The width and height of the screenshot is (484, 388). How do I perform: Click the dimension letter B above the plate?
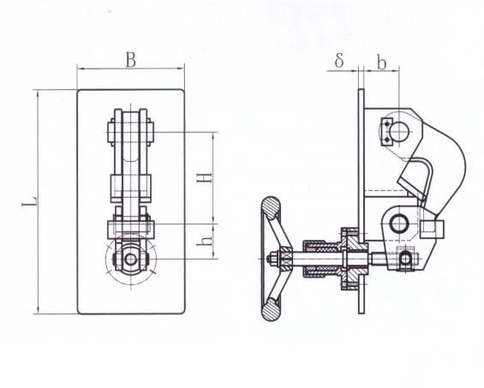[131, 60]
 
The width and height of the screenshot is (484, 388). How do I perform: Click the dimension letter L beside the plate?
[30, 201]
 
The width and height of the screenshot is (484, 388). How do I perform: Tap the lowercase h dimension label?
[205, 241]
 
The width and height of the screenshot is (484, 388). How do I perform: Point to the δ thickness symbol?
[339, 60]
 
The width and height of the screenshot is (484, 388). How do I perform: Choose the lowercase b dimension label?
[382, 63]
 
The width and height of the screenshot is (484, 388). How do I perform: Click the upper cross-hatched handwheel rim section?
[271, 208]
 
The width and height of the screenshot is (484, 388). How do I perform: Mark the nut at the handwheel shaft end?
[273, 259]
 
